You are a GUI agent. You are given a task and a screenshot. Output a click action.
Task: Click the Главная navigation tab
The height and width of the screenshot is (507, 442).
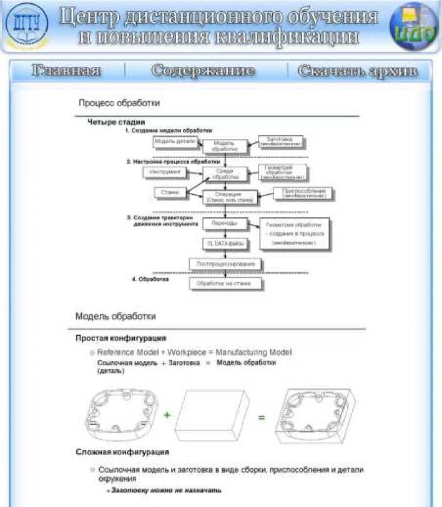click(66, 71)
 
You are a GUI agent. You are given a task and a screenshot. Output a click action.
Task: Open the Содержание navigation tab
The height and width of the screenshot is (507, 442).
click(203, 71)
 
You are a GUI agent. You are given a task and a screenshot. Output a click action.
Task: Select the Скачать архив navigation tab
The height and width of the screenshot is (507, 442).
click(356, 71)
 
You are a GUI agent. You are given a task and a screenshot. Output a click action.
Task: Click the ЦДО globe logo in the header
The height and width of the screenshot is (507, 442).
click(413, 27)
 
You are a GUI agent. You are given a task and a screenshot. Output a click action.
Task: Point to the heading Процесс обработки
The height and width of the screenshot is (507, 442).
click(119, 102)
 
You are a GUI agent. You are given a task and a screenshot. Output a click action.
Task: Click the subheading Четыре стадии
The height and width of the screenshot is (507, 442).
click(116, 122)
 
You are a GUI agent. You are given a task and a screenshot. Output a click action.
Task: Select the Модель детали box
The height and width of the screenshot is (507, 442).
click(175, 142)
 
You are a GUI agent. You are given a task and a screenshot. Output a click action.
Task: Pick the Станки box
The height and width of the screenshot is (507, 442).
click(169, 192)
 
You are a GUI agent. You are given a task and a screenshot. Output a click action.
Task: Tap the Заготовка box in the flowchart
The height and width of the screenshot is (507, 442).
click(280, 141)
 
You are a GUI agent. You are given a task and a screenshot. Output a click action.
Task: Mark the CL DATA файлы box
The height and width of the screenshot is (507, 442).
click(222, 243)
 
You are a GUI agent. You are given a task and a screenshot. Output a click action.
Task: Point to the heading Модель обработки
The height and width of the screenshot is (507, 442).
click(115, 316)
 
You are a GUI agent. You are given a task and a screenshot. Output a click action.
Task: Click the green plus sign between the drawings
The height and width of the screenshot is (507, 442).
click(167, 415)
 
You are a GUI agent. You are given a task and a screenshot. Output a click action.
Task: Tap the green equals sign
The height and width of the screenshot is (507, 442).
click(262, 416)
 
